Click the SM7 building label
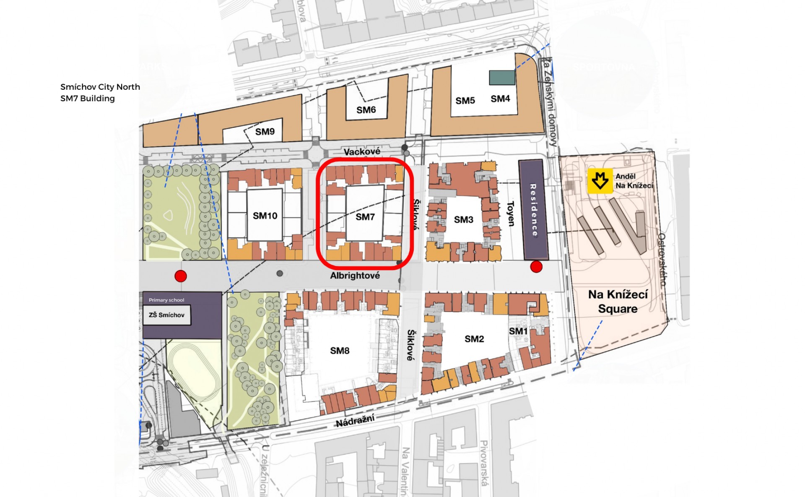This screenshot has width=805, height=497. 365,217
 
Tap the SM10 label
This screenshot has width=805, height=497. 265,216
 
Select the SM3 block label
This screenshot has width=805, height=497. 463,219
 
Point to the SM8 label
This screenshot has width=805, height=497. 340,351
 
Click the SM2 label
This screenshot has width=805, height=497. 474,339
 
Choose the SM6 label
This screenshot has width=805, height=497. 366,110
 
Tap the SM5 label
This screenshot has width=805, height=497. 465,101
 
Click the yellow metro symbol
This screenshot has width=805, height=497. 600,181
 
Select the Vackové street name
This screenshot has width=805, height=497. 362,151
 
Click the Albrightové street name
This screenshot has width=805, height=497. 355,276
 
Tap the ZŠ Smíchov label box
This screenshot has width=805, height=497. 166,315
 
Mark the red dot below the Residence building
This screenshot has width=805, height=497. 536,266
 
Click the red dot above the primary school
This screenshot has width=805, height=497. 181,276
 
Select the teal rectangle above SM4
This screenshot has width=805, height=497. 502,78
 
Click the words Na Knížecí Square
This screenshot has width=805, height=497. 618,302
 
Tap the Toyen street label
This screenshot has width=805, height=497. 511,213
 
